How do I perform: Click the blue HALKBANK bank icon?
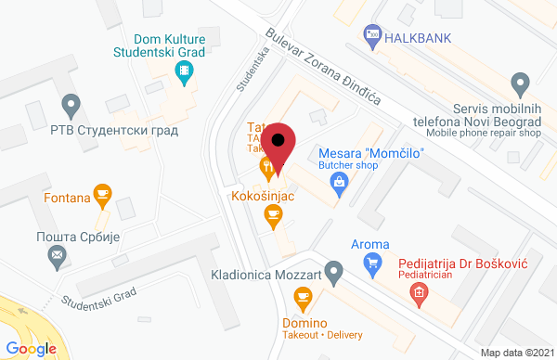[372, 34]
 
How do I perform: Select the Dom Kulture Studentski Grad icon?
[188, 71]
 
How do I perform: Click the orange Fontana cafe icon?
[103, 195]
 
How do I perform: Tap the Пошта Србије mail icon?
[58, 255]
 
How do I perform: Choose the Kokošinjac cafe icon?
[272, 216]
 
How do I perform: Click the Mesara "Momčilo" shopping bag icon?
[341, 183]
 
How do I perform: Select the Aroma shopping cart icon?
[372, 264]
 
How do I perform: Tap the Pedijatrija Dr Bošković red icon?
[419, 293]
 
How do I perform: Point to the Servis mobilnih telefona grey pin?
[523, 82]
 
